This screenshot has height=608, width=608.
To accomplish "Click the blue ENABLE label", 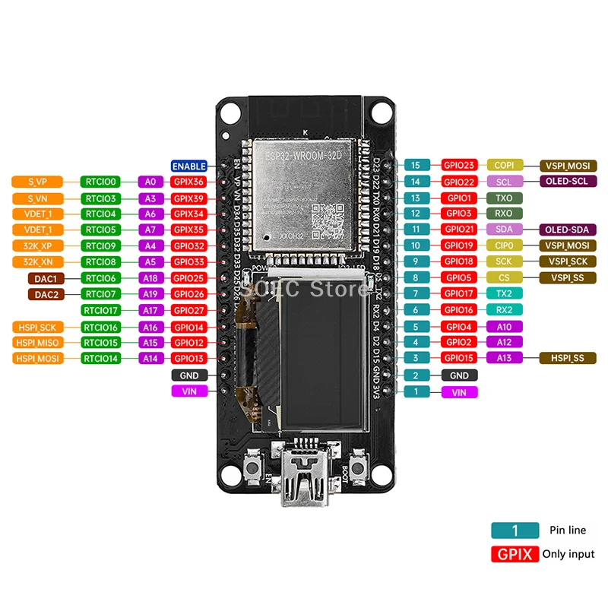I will coord(189,166).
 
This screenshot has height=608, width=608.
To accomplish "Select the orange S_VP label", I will coord(37,182).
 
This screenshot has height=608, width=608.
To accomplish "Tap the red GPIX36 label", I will coord(188,182).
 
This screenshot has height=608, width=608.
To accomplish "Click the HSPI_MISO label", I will coord(37,342).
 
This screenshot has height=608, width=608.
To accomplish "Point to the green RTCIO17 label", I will coord(101,310).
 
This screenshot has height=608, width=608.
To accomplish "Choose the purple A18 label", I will coord(150,278).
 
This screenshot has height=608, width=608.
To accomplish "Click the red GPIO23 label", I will coord(460,165).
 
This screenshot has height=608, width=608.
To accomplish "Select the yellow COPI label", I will coord(504,165).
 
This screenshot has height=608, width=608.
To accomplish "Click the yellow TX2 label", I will coord(504,293).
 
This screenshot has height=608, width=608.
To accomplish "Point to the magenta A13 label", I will coord(504,358).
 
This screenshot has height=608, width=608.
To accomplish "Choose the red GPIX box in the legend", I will coord(515,554).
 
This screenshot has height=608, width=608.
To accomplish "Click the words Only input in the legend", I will coord(568,554).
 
